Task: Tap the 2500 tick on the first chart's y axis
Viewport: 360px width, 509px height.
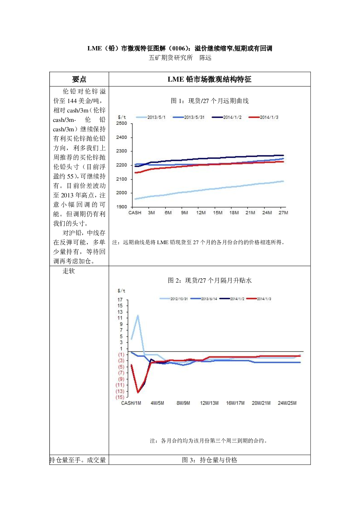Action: [122, 123]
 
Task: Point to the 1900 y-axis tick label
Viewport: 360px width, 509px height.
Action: [122, 207]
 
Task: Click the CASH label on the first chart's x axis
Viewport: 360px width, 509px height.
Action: [135, 213]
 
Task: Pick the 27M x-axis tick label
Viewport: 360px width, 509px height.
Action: [283, 213]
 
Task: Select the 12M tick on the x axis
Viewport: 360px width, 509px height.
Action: [201, 213]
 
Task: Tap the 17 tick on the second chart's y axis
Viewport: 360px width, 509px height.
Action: [120, 300]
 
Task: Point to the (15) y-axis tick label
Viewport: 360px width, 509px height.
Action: [120, 397]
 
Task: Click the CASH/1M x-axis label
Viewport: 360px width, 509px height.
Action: [131, 403]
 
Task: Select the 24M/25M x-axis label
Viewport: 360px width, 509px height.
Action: [287, 403]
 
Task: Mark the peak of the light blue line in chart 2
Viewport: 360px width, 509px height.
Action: [138, 316]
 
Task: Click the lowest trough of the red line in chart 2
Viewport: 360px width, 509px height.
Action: [138, 392]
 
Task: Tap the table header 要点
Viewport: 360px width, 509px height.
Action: [79, 79]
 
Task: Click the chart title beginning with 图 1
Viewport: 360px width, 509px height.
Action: [210, 101]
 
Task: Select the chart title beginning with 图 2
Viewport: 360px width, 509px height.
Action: [210, 280]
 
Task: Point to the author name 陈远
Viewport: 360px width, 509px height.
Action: [205, 58]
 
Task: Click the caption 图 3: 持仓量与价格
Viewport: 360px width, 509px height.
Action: [210, 460]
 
